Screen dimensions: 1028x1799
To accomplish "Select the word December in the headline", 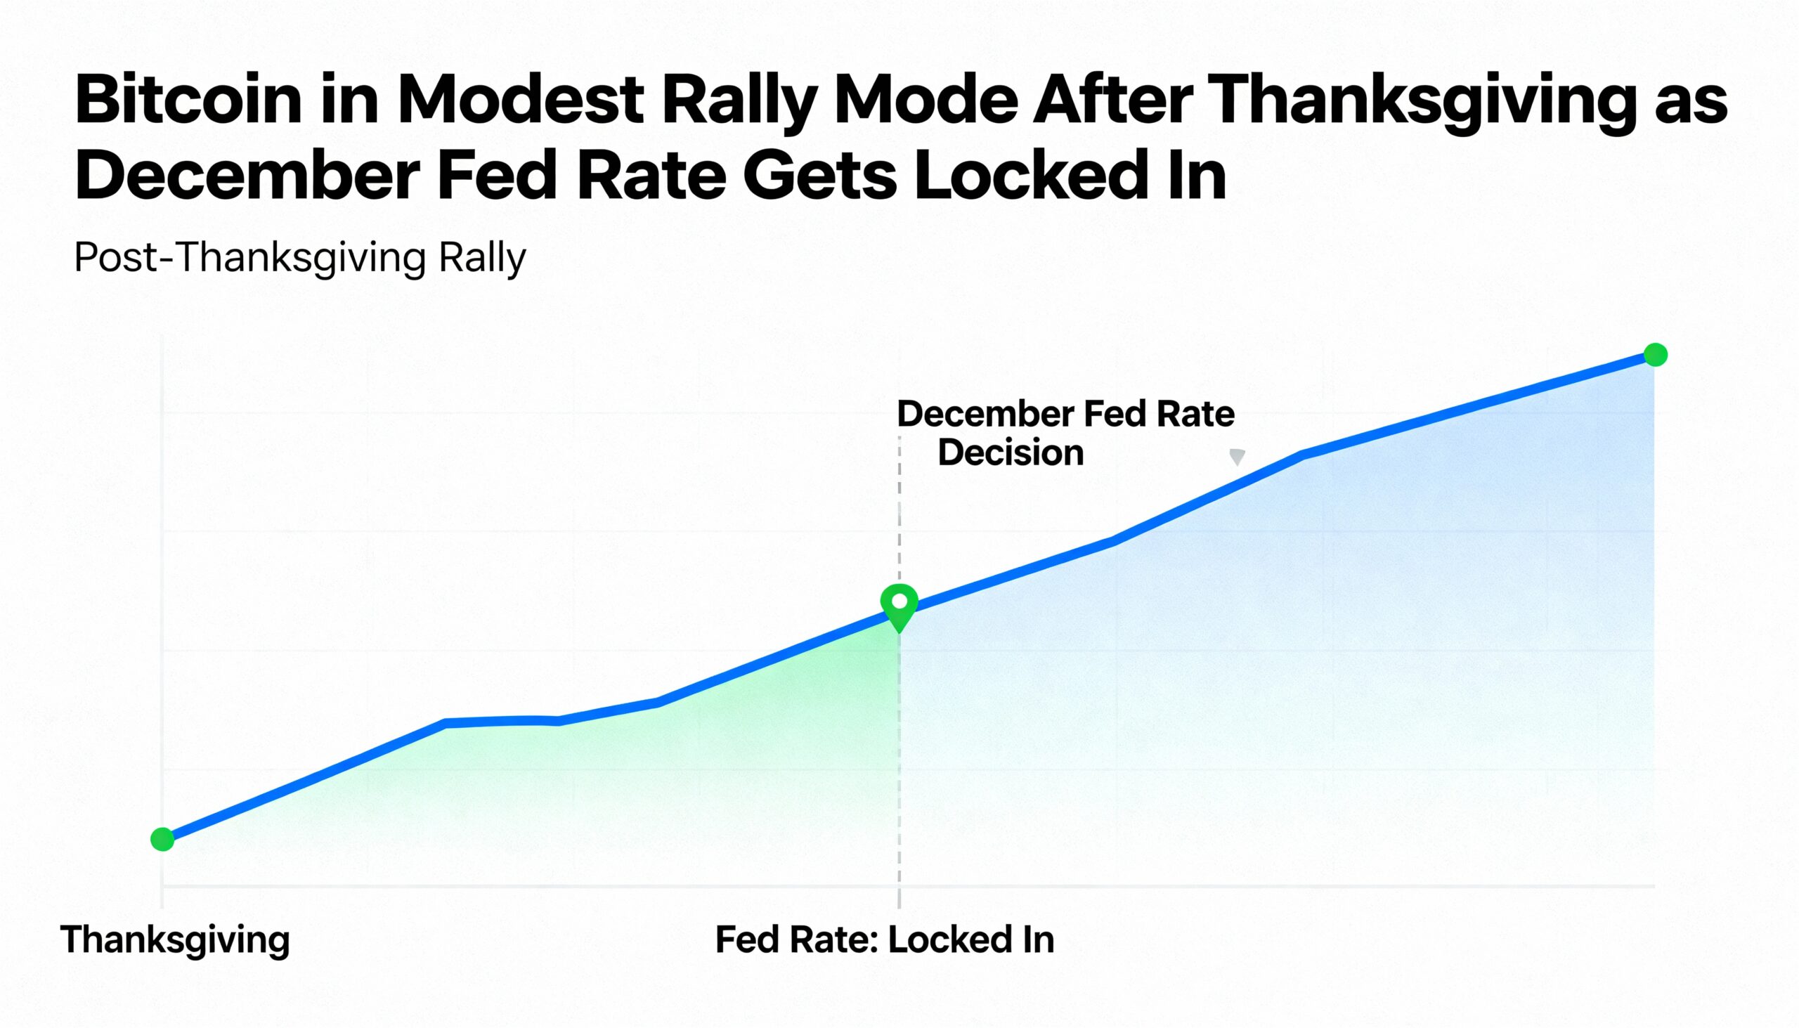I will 247,176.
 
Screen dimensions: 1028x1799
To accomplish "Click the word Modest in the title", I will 520,100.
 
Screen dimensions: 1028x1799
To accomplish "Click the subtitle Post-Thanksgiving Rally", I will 300,258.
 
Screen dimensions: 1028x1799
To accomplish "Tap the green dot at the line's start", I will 162,840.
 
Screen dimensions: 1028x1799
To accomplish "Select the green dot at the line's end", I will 1656,354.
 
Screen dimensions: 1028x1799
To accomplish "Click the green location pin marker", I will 899,604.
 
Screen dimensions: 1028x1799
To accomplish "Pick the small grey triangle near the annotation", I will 1237,457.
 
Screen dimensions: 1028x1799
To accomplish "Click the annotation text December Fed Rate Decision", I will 1065,433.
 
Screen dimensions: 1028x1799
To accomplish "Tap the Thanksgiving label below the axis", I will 175,939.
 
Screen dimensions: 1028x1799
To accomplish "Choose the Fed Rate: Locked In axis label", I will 884,939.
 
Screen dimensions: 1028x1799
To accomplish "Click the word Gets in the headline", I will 819,176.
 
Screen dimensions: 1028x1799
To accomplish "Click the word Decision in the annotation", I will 1011,453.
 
